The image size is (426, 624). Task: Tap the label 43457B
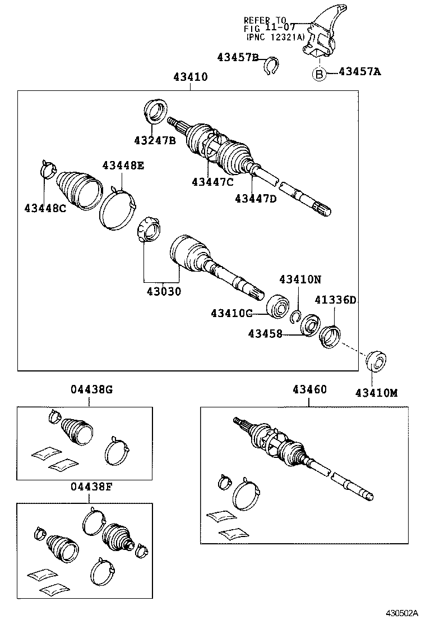(238, 57)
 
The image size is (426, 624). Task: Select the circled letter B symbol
(318, 74)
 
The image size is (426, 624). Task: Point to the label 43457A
(359, 72)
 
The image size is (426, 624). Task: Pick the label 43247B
(155, 140)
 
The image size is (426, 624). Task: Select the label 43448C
(45, 208)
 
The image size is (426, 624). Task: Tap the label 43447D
(256, 198)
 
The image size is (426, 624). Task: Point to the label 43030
(164, 291)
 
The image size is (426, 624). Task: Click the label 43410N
(300, 279)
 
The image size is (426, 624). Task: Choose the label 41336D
(335, 300)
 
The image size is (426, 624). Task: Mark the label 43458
(266, 334)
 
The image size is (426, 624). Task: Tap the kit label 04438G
(91, 389)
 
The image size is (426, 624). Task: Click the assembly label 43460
(309, 389)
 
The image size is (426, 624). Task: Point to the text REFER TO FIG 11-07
(266, 24)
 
